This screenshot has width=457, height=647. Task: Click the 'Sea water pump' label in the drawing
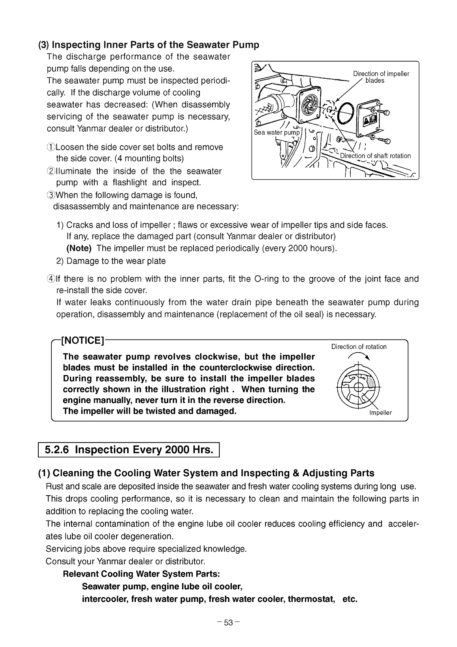[276, 132]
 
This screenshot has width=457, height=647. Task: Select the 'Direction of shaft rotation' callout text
[375, 156]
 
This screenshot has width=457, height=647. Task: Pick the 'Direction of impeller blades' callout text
[381, 77]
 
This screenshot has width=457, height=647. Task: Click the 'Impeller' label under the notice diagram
[380, 413]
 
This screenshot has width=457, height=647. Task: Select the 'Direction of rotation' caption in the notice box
[359, 347]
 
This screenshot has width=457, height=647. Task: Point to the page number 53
[229, 623]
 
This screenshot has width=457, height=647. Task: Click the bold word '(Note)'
[79, 249]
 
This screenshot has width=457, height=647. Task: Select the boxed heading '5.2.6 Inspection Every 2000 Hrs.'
[129, 450]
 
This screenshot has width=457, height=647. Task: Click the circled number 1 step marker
[50, 147]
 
